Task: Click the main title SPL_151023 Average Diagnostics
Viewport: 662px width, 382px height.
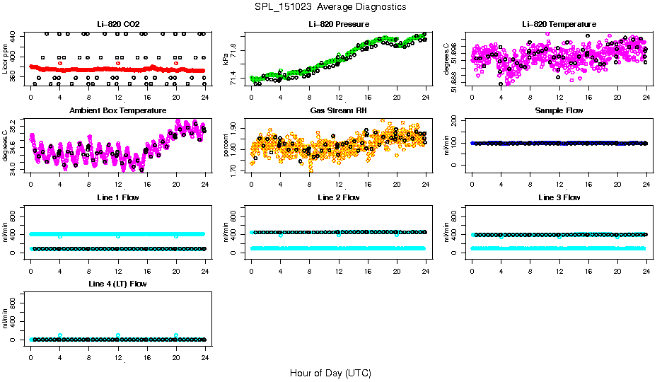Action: [x=331, y=6]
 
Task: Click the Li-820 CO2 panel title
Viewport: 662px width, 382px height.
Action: [x=118, y=24]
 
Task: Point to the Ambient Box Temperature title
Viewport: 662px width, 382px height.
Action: [x=118, y=111]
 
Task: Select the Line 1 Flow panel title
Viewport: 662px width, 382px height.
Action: [x=118, y=197]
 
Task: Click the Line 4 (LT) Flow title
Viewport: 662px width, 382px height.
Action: [x=118, y=284]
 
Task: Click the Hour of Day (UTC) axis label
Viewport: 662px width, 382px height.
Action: [x=330, y=372]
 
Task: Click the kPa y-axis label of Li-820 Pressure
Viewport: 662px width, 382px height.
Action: [x=226, y=59]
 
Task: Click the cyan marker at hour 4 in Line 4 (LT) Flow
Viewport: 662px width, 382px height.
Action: [x=60, y=335]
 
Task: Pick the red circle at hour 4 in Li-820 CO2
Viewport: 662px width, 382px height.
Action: [x=60, y=63]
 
